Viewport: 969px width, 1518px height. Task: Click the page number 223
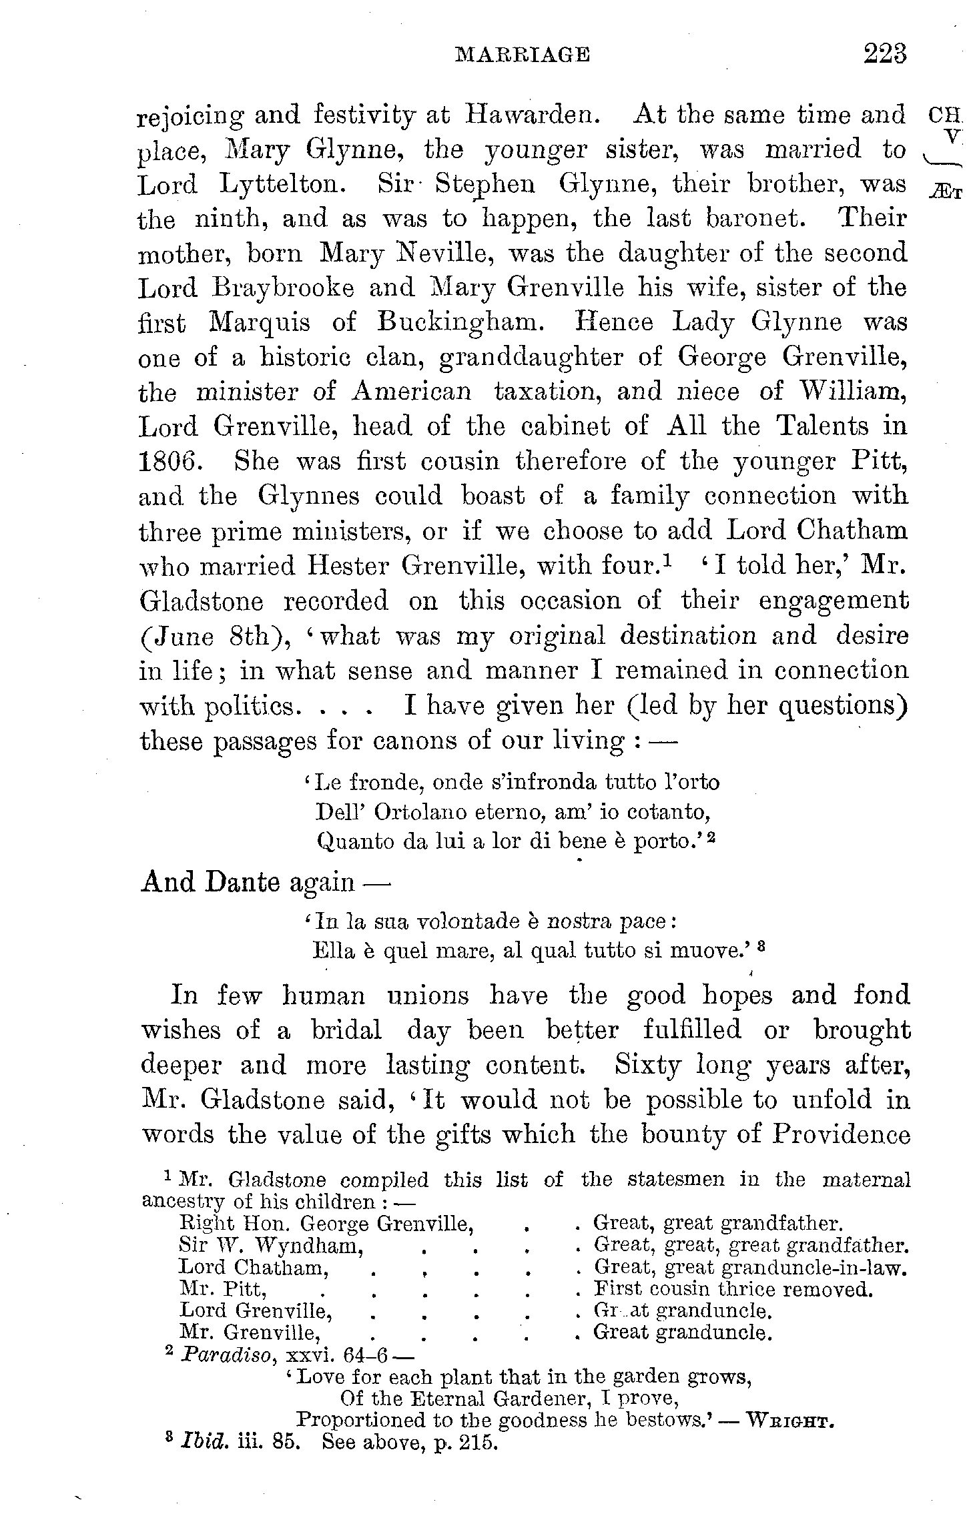[885, 53]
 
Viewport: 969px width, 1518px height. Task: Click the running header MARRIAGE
[522, 55]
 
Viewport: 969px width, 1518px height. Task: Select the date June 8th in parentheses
[212, 636]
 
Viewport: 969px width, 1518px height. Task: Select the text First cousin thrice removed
[733, 1289]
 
